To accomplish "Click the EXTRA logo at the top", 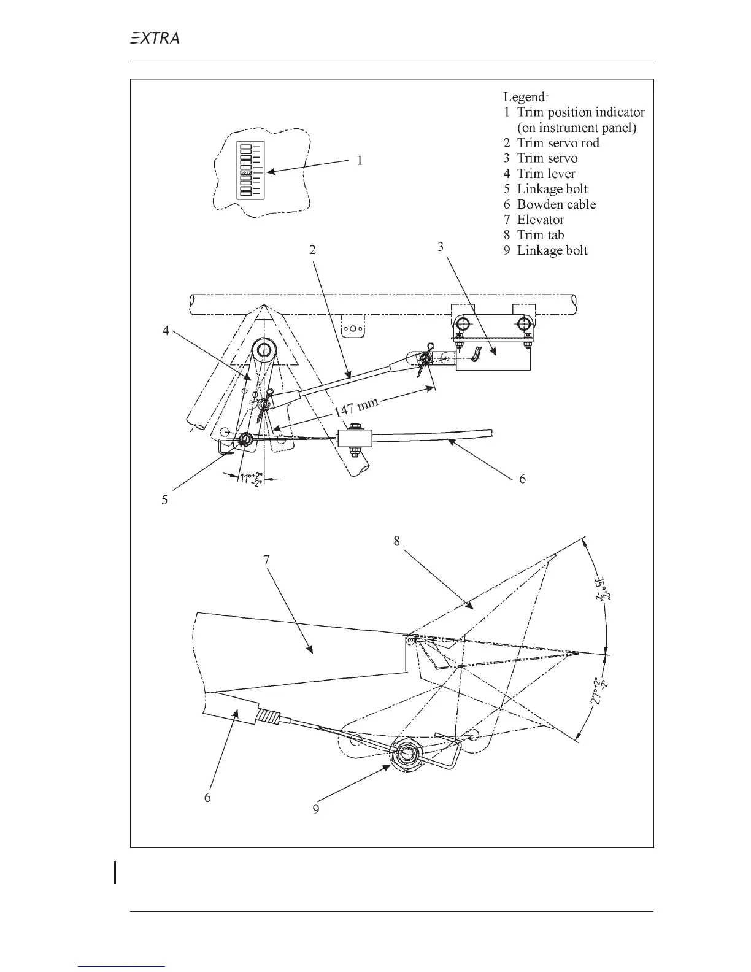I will pos(154,38).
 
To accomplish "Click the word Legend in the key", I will pos(526,97).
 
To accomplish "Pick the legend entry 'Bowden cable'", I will pos(556,204).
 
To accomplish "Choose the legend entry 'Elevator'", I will pos(540,220).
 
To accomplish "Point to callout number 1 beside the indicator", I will pos(360,161).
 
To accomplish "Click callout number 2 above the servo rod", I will pos(312,250).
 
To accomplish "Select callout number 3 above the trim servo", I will pos(441,246).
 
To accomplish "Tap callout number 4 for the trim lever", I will pos(165,330).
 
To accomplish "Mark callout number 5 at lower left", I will pos(164,499).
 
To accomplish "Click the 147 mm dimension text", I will pos(357,406).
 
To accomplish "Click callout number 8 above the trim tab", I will pos(397,541).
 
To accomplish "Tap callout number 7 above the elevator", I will pos(266,560).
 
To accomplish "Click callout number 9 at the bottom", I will pos(315,809).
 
